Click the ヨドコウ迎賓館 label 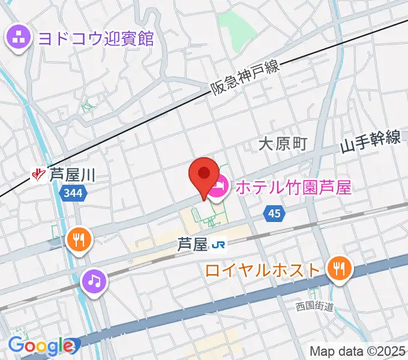[95, 39]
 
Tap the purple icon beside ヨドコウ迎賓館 [18, 38]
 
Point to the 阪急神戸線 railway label [246, 79]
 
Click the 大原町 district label [283, 143]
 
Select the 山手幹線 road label [371, 143]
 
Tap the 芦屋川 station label [73, 175]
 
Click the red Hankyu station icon [40, 175]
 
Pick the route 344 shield [74, 194]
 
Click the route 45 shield [274, 213]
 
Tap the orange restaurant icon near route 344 [79, 240]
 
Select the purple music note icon [94, 280]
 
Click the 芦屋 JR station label [191, 244]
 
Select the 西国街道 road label [314, 307]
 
